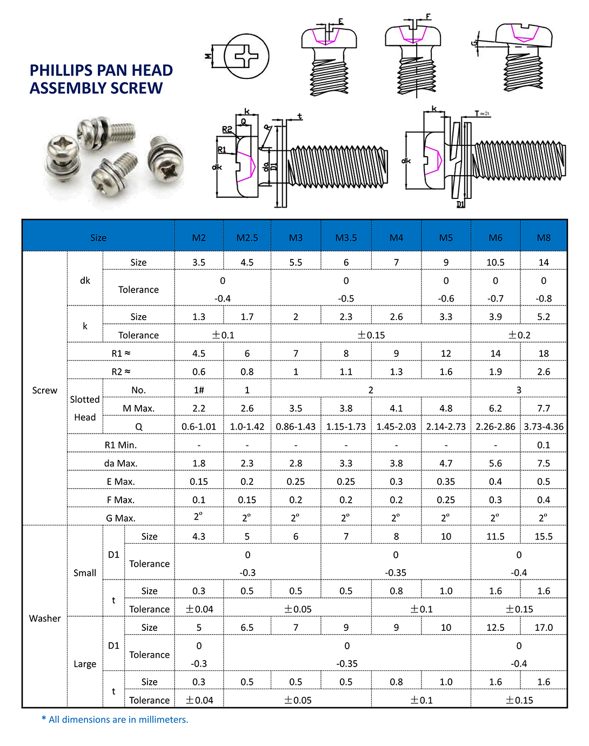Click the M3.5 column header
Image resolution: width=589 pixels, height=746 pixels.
pos(346,238)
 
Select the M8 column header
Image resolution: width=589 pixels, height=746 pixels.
pos(544,238)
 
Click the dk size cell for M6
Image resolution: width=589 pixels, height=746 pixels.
pos(495,262)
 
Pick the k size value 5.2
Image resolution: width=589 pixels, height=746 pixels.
pos(544,317)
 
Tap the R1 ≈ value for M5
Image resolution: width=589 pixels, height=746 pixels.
pos(446,354)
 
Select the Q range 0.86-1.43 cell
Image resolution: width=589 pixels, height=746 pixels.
pos(296,427)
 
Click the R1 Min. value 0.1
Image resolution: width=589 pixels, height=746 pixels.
pos(544,445)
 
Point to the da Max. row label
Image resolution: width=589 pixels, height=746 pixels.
pos(121,463)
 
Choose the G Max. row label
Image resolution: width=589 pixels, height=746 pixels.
pos(121,518)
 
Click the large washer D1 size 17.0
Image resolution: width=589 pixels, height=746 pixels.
pos(544,628)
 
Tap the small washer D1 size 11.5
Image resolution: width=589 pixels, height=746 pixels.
pos(495,536)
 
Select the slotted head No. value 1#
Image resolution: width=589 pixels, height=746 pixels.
pos(199,390)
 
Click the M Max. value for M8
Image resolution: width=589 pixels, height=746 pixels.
pos(544,408)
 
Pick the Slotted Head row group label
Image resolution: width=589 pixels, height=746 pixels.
pos(85,408)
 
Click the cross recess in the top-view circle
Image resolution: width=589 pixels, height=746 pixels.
pos(246,56)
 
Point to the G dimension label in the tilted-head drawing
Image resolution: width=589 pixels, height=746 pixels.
pos(474,44)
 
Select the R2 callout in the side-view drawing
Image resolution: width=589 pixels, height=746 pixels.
pos(227,130)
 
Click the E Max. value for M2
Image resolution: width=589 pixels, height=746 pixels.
pos(199,482)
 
